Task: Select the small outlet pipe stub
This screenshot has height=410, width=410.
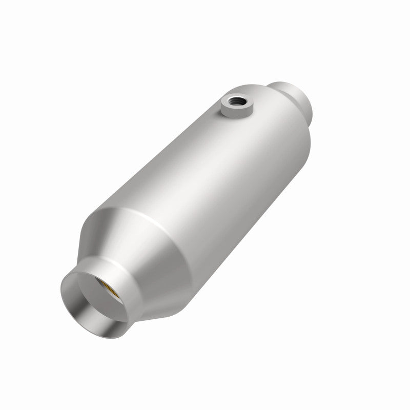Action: click(298, 95)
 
